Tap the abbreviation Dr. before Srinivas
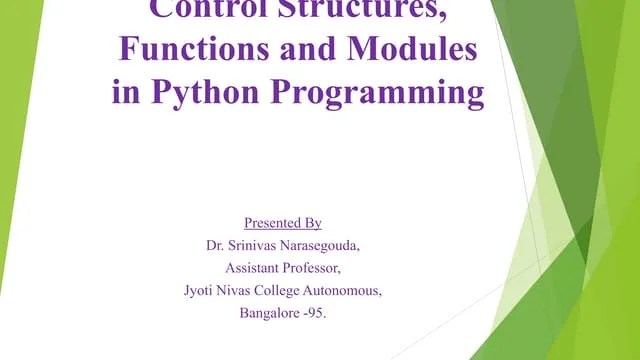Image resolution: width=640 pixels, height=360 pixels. pyautogui.click(x=215, y=244)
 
